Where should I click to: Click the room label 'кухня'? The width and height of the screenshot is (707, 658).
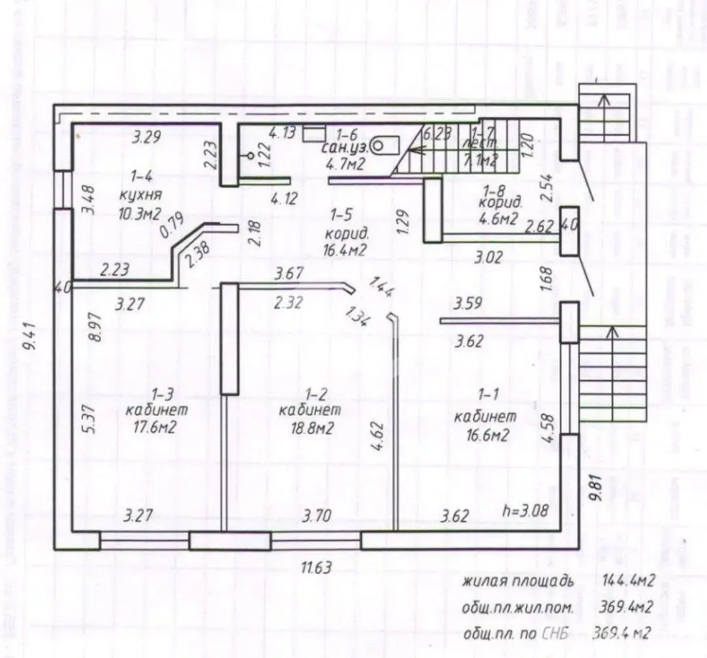coord(140,195)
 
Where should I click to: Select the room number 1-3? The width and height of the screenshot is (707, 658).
coord(162,394)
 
